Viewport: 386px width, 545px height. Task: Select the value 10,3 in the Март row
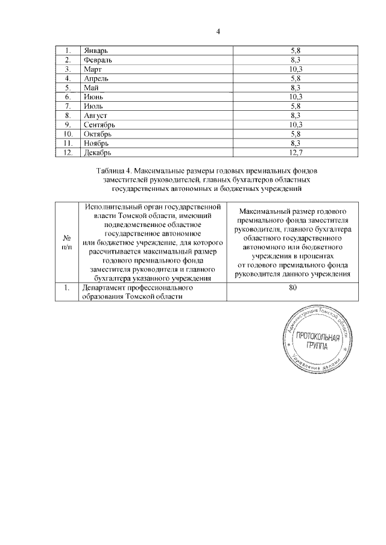point(296,70)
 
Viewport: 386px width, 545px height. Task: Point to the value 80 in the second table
point(294,288)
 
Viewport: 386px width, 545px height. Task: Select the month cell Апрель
point(97,79)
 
